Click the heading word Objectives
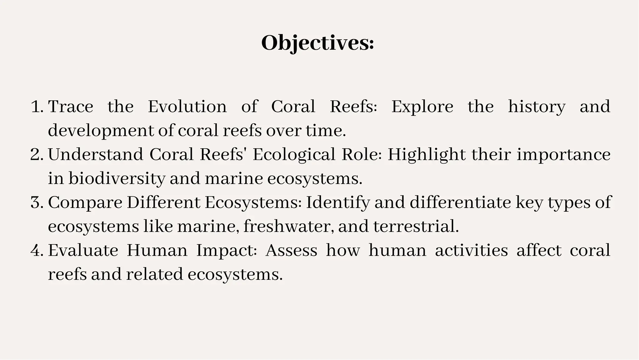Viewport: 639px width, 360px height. (x=317, y=43)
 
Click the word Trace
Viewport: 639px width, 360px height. (x=71, y=107)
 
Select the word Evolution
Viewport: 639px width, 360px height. (x=187, y=107)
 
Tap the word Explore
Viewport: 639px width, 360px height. (x=422, y=107)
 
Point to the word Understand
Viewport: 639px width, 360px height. (x=95, y=155)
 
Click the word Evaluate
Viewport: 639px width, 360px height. (x=83, y=251)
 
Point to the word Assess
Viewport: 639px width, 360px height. (x=291, y=251)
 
